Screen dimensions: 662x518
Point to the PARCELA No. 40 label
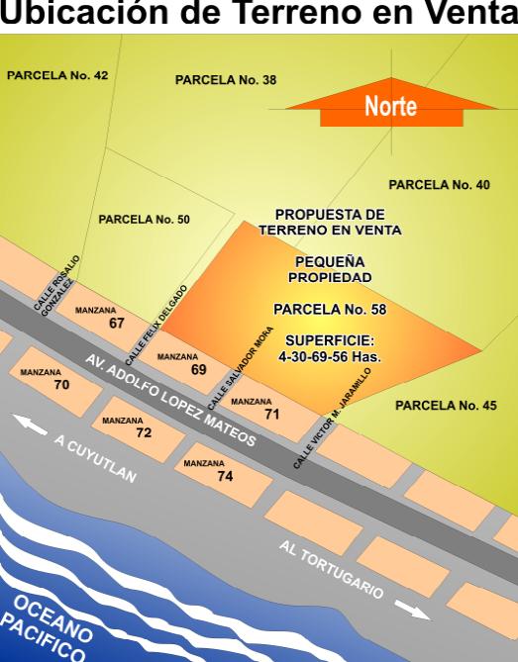439,184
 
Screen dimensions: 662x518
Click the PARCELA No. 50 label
144,219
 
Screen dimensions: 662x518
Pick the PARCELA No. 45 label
446,404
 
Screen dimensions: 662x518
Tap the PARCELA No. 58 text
329,309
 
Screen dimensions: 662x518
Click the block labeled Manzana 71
267,410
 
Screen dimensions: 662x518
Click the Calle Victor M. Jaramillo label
332,417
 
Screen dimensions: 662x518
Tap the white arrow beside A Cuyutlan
30,425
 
